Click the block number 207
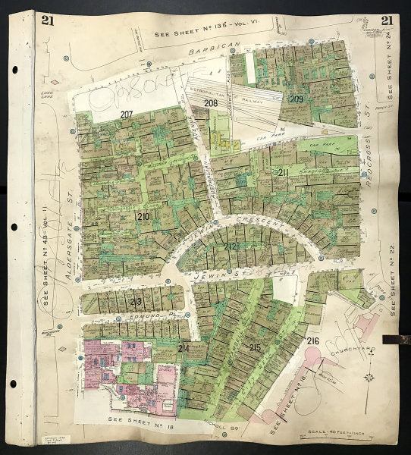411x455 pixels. coord(127,115)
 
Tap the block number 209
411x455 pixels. coord(296,99)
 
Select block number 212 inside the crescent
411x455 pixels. coord(231,247)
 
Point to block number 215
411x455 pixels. coord(255,347)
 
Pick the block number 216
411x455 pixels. coord(313,341)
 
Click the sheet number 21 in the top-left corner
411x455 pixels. coord(47,20)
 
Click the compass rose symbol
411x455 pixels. coord(369,377)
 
